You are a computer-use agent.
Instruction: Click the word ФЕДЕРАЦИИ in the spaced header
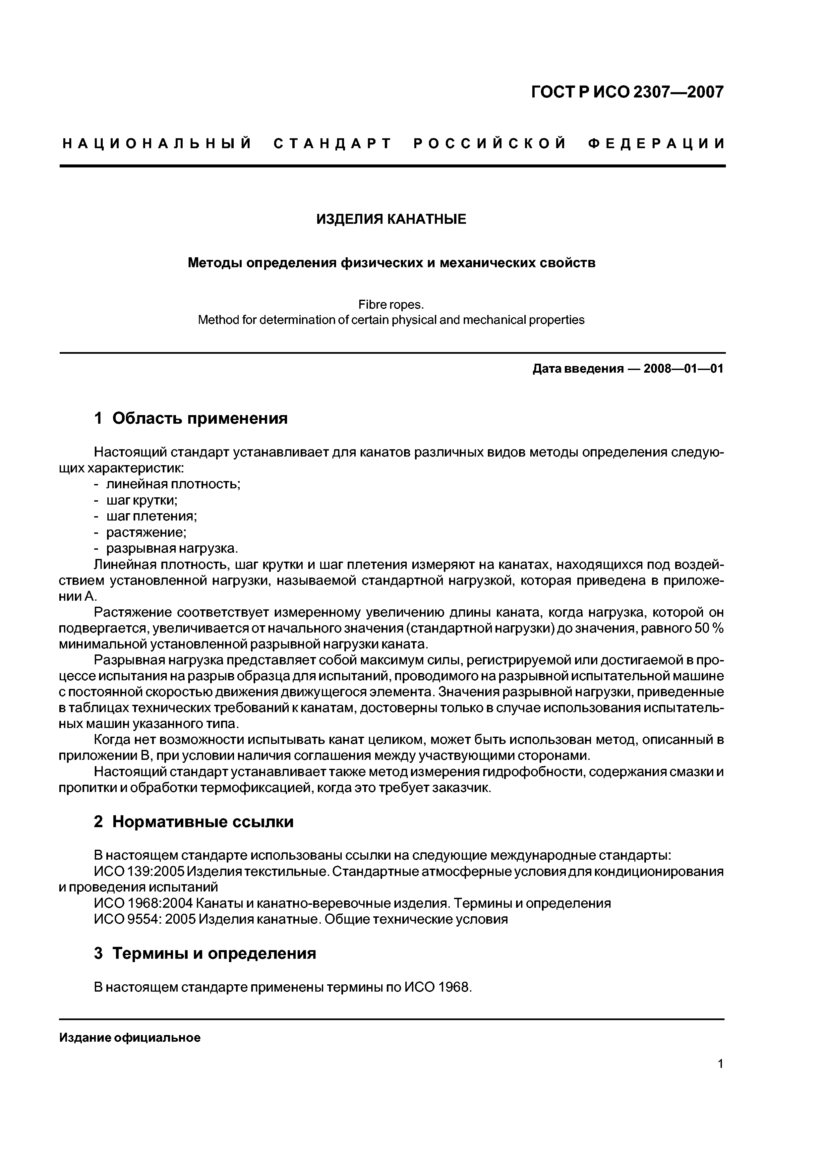coord(656,144)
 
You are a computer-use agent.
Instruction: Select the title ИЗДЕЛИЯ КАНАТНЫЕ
coord(391,219)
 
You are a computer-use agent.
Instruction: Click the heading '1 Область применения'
coord(191,418)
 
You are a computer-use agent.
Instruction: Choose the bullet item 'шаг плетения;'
coord(151,516)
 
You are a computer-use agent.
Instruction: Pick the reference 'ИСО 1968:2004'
coord(143,903)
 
